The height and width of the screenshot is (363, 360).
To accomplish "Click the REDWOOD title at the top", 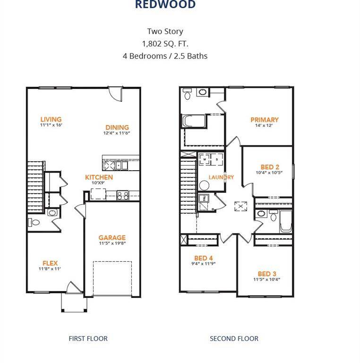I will click(165, 5).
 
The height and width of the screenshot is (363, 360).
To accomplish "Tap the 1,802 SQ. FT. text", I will click(165, 43).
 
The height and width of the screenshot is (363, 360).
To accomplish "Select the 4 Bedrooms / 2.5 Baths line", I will click(165, 56).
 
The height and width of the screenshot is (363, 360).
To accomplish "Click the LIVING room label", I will click(51, 120).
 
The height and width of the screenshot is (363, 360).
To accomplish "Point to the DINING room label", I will click(117, 127).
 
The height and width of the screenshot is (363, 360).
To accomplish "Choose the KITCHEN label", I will click(99, 177).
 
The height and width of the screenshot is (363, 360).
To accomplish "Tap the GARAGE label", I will click(112, 238).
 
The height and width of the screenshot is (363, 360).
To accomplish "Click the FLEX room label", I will click(50, 263).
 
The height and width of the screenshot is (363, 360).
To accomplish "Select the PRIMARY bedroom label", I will click(265, 120).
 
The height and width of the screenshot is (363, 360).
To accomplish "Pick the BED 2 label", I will click(270, 167).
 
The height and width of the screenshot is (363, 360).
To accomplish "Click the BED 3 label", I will click(267, 274).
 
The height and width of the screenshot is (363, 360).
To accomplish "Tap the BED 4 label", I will click(204, 258).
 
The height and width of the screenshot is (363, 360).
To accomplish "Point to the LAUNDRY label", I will click(221, 177).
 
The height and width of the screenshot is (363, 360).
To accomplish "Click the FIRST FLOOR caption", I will click(88, 338).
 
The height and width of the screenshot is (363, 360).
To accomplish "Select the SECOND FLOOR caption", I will click(234, 338).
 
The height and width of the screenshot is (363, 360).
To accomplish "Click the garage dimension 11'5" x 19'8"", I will click(112, 244).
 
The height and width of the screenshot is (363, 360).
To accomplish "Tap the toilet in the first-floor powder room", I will click(34, 223).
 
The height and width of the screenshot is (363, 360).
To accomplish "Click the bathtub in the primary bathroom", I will click(194, 121).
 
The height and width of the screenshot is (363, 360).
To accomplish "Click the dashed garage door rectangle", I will click(111, 278).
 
